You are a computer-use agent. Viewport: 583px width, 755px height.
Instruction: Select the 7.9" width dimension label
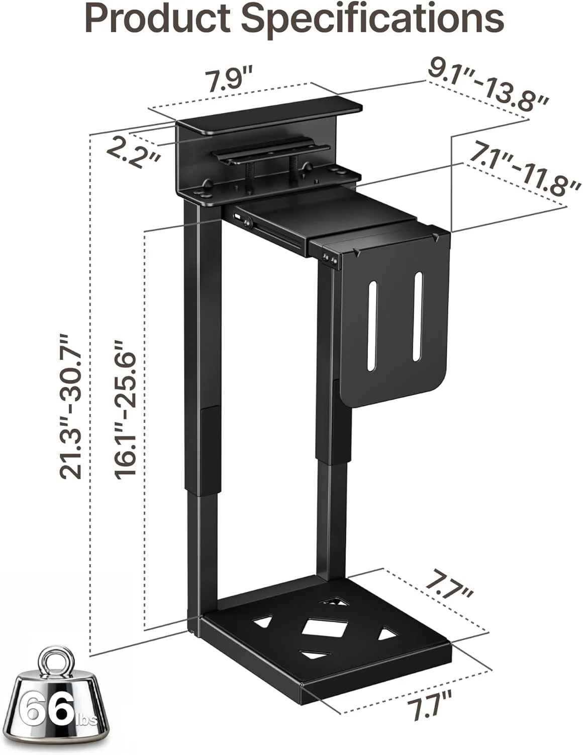(x=229, y=81)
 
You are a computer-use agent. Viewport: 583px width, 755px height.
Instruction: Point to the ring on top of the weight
(x=56, y=660)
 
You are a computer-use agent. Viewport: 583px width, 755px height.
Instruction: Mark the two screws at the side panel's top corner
(x=330, y=259)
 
